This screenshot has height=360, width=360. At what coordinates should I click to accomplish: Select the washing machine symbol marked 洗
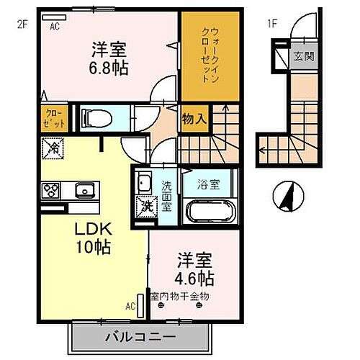tap(143, 204)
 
